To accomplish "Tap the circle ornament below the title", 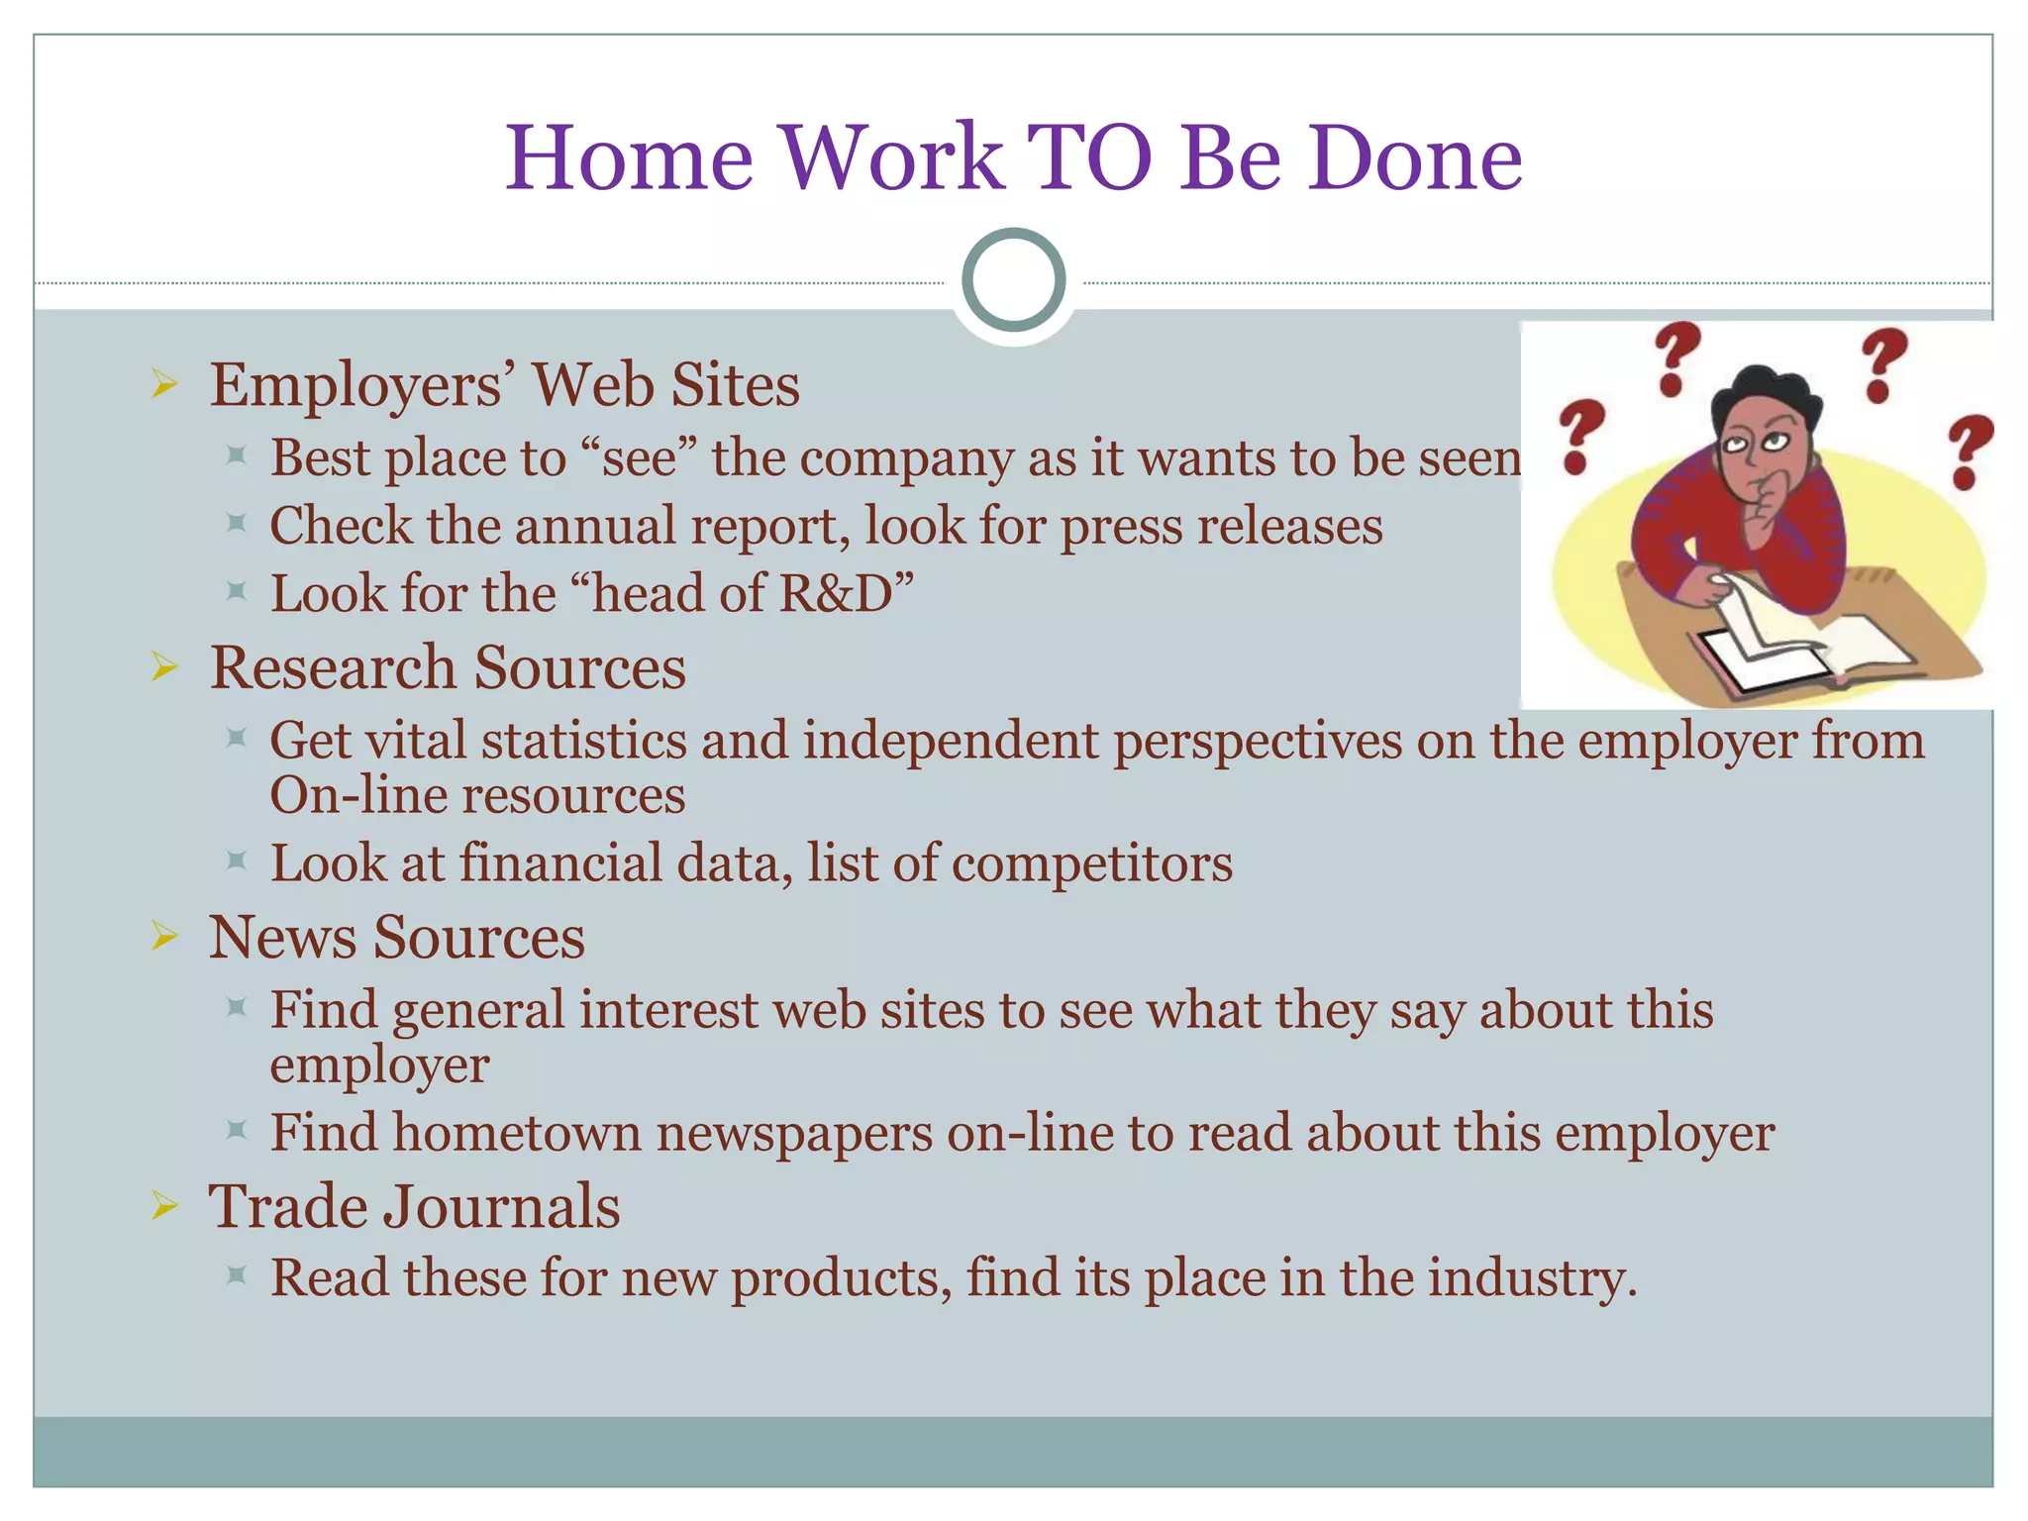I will [x=1013, y=279].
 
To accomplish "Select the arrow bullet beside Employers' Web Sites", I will [x=164, y=384].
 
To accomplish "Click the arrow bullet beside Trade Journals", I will [x=164, y=1206].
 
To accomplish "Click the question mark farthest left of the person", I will [x=1579, y=436].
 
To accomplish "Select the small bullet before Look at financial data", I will [x=236, y=861].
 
